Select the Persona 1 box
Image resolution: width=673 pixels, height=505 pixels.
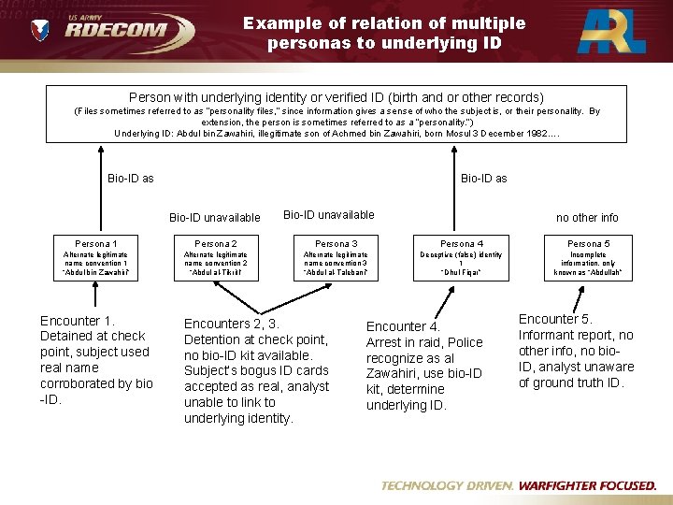pyautogui.click(x=95, y=258)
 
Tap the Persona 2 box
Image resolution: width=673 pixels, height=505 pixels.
pyautogui.click(x=216, y=258)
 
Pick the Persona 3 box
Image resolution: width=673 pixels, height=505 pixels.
pyautogui.click(x=336, y=258)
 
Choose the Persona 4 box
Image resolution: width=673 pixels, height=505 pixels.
pyautogui.click(x=458, y=258)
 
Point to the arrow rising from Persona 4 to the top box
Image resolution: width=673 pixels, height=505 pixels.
pyautogui.click(x=458, y=187)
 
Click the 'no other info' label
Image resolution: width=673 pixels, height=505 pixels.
pyautogui.click(x=587, y=218)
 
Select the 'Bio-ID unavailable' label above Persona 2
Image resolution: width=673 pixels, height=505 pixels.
pyautogui.click(x=215, y=218)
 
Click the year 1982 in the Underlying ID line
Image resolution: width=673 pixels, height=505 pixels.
pyautogui.click(x=533, y=133)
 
